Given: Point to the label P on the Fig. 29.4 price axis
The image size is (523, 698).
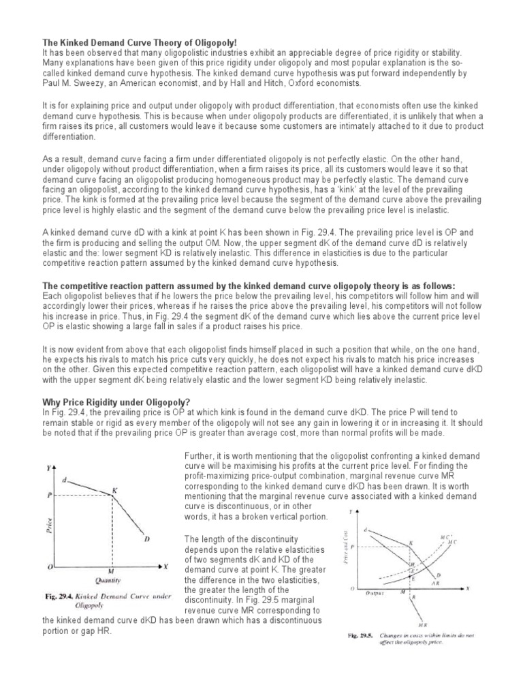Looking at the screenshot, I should click(x=50, y=496).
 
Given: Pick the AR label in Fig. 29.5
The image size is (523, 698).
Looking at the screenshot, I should click(x=455, y=583).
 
